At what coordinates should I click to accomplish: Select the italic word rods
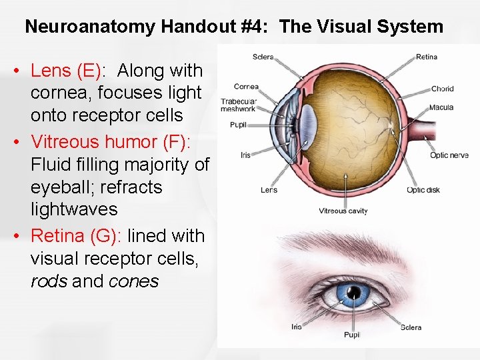[49, 281]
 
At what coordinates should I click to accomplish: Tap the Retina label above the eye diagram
[426, 57]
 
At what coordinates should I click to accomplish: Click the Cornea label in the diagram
[245, 87]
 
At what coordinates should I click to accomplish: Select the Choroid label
[442, 88]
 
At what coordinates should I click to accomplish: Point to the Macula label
[441, 107]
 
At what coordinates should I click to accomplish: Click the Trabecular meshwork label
[238, 105]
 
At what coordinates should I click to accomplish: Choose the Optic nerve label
[449, 155]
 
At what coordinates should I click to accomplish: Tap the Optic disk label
[423, 190]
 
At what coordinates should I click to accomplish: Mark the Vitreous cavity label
[343, 211]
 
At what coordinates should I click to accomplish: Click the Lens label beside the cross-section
[269, 190]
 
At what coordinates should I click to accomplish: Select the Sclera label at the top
[263, 57]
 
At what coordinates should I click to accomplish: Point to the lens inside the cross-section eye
[308, 123]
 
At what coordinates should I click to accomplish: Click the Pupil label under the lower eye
[352, 335]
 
